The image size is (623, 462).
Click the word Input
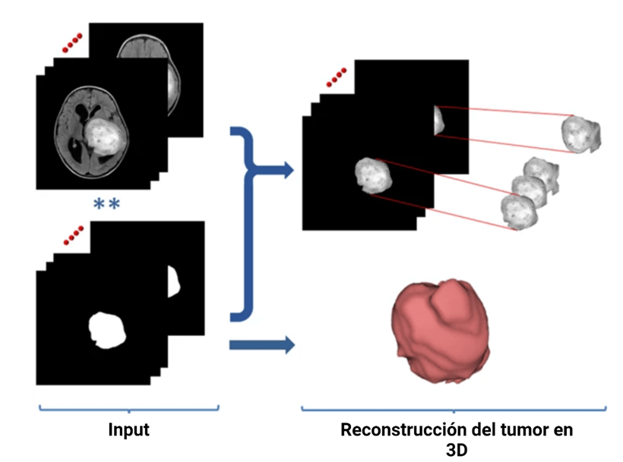(128, 430)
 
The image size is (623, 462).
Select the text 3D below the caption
(456, 449)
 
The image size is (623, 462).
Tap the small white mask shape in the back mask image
(173, 281)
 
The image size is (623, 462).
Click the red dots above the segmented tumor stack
(334, 75)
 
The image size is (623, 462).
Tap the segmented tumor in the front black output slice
(372, 175)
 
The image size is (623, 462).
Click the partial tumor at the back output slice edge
(438, 121)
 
